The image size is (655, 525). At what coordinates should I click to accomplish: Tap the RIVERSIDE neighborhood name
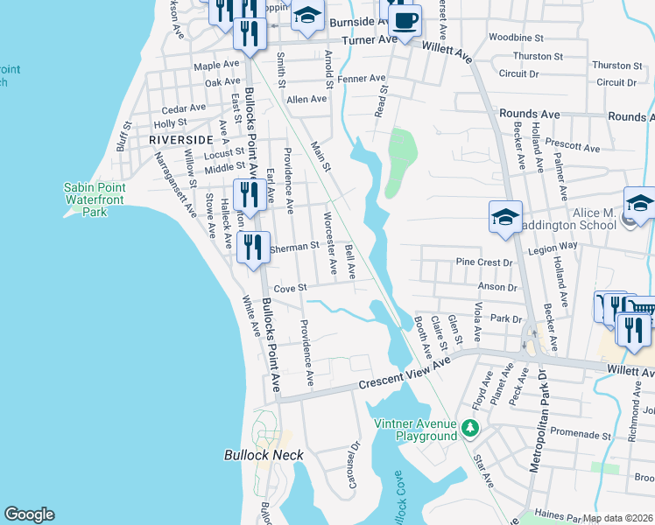181,140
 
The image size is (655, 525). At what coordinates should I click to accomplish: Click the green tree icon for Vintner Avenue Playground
471,428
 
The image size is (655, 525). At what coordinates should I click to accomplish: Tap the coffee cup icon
405,19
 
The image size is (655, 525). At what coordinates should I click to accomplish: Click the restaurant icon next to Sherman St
252,247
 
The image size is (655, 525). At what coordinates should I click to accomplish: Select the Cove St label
290,288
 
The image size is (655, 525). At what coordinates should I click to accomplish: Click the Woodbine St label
517,38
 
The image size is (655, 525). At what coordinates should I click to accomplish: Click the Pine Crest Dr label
484,262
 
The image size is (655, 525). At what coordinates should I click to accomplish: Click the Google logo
29,514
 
